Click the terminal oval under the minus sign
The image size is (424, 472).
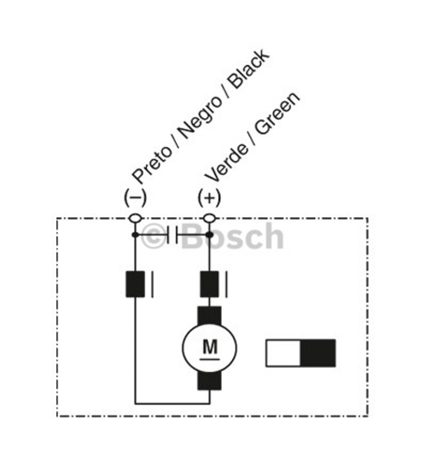coord(135,218)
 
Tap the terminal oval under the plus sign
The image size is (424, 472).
coord(209,218)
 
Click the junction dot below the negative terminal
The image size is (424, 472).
coord(135,234)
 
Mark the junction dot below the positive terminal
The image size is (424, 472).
coord(209,234)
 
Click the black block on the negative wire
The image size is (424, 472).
coord(135,284)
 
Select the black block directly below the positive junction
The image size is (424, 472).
coord(209,284)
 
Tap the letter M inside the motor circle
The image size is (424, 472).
coord(210,348)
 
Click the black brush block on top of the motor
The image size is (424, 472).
coord(209,314)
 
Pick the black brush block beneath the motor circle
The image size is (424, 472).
coord(209,382)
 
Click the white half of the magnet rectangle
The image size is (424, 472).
coord(283,353)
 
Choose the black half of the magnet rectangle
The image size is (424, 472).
coord(318,353)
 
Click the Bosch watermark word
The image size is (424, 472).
coord(233,236)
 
